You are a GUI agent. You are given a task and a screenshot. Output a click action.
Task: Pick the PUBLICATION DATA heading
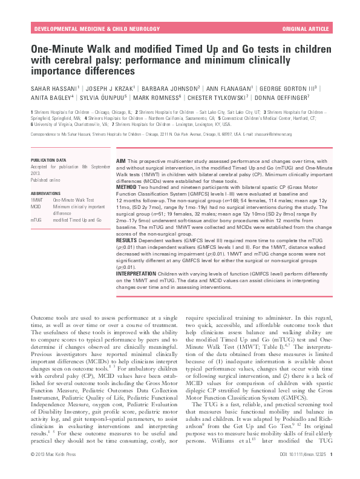(49, 160)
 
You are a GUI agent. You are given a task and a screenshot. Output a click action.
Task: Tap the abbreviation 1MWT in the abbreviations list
(37, 199)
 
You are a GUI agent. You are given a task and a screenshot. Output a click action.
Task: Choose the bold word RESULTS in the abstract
(127, 240)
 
